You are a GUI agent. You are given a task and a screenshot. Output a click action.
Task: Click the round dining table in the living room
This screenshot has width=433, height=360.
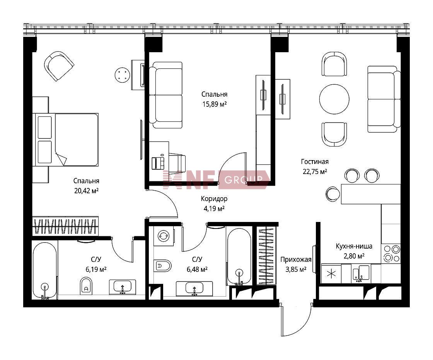pos(334,99)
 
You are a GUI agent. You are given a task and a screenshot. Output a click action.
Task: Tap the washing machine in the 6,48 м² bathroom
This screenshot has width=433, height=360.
pos(164,236)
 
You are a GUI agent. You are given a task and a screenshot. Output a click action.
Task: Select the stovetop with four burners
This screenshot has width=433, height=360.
pos(391,254)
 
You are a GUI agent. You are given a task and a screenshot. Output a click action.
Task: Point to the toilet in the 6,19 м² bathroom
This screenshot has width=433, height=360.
pos(86,286)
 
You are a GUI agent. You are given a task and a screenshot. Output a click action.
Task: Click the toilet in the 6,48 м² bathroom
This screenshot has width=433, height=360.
pos(162,266)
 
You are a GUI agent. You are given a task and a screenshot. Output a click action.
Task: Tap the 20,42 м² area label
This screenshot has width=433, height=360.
pos(87,191)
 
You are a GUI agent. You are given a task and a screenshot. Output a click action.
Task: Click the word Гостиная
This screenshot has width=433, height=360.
pos(315,162)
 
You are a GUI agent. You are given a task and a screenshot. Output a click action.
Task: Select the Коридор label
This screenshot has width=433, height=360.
pos(214,199)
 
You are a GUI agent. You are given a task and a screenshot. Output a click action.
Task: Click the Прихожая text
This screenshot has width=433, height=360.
pos(296,259)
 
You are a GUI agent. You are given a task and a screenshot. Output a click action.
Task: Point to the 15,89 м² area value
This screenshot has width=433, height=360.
pos(215,104)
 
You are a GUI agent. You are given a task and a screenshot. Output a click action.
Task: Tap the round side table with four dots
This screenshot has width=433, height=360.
pos(122,75)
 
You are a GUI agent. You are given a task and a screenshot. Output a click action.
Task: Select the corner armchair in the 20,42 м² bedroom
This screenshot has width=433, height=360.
pos(59,66)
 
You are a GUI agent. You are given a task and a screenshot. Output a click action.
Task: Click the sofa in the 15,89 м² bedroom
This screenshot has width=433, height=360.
pos(166,95)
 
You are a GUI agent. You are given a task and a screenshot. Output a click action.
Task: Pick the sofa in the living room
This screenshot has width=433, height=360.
pos(384,99)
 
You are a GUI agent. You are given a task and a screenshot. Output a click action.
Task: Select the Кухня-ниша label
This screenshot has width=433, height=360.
pos(354,246)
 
